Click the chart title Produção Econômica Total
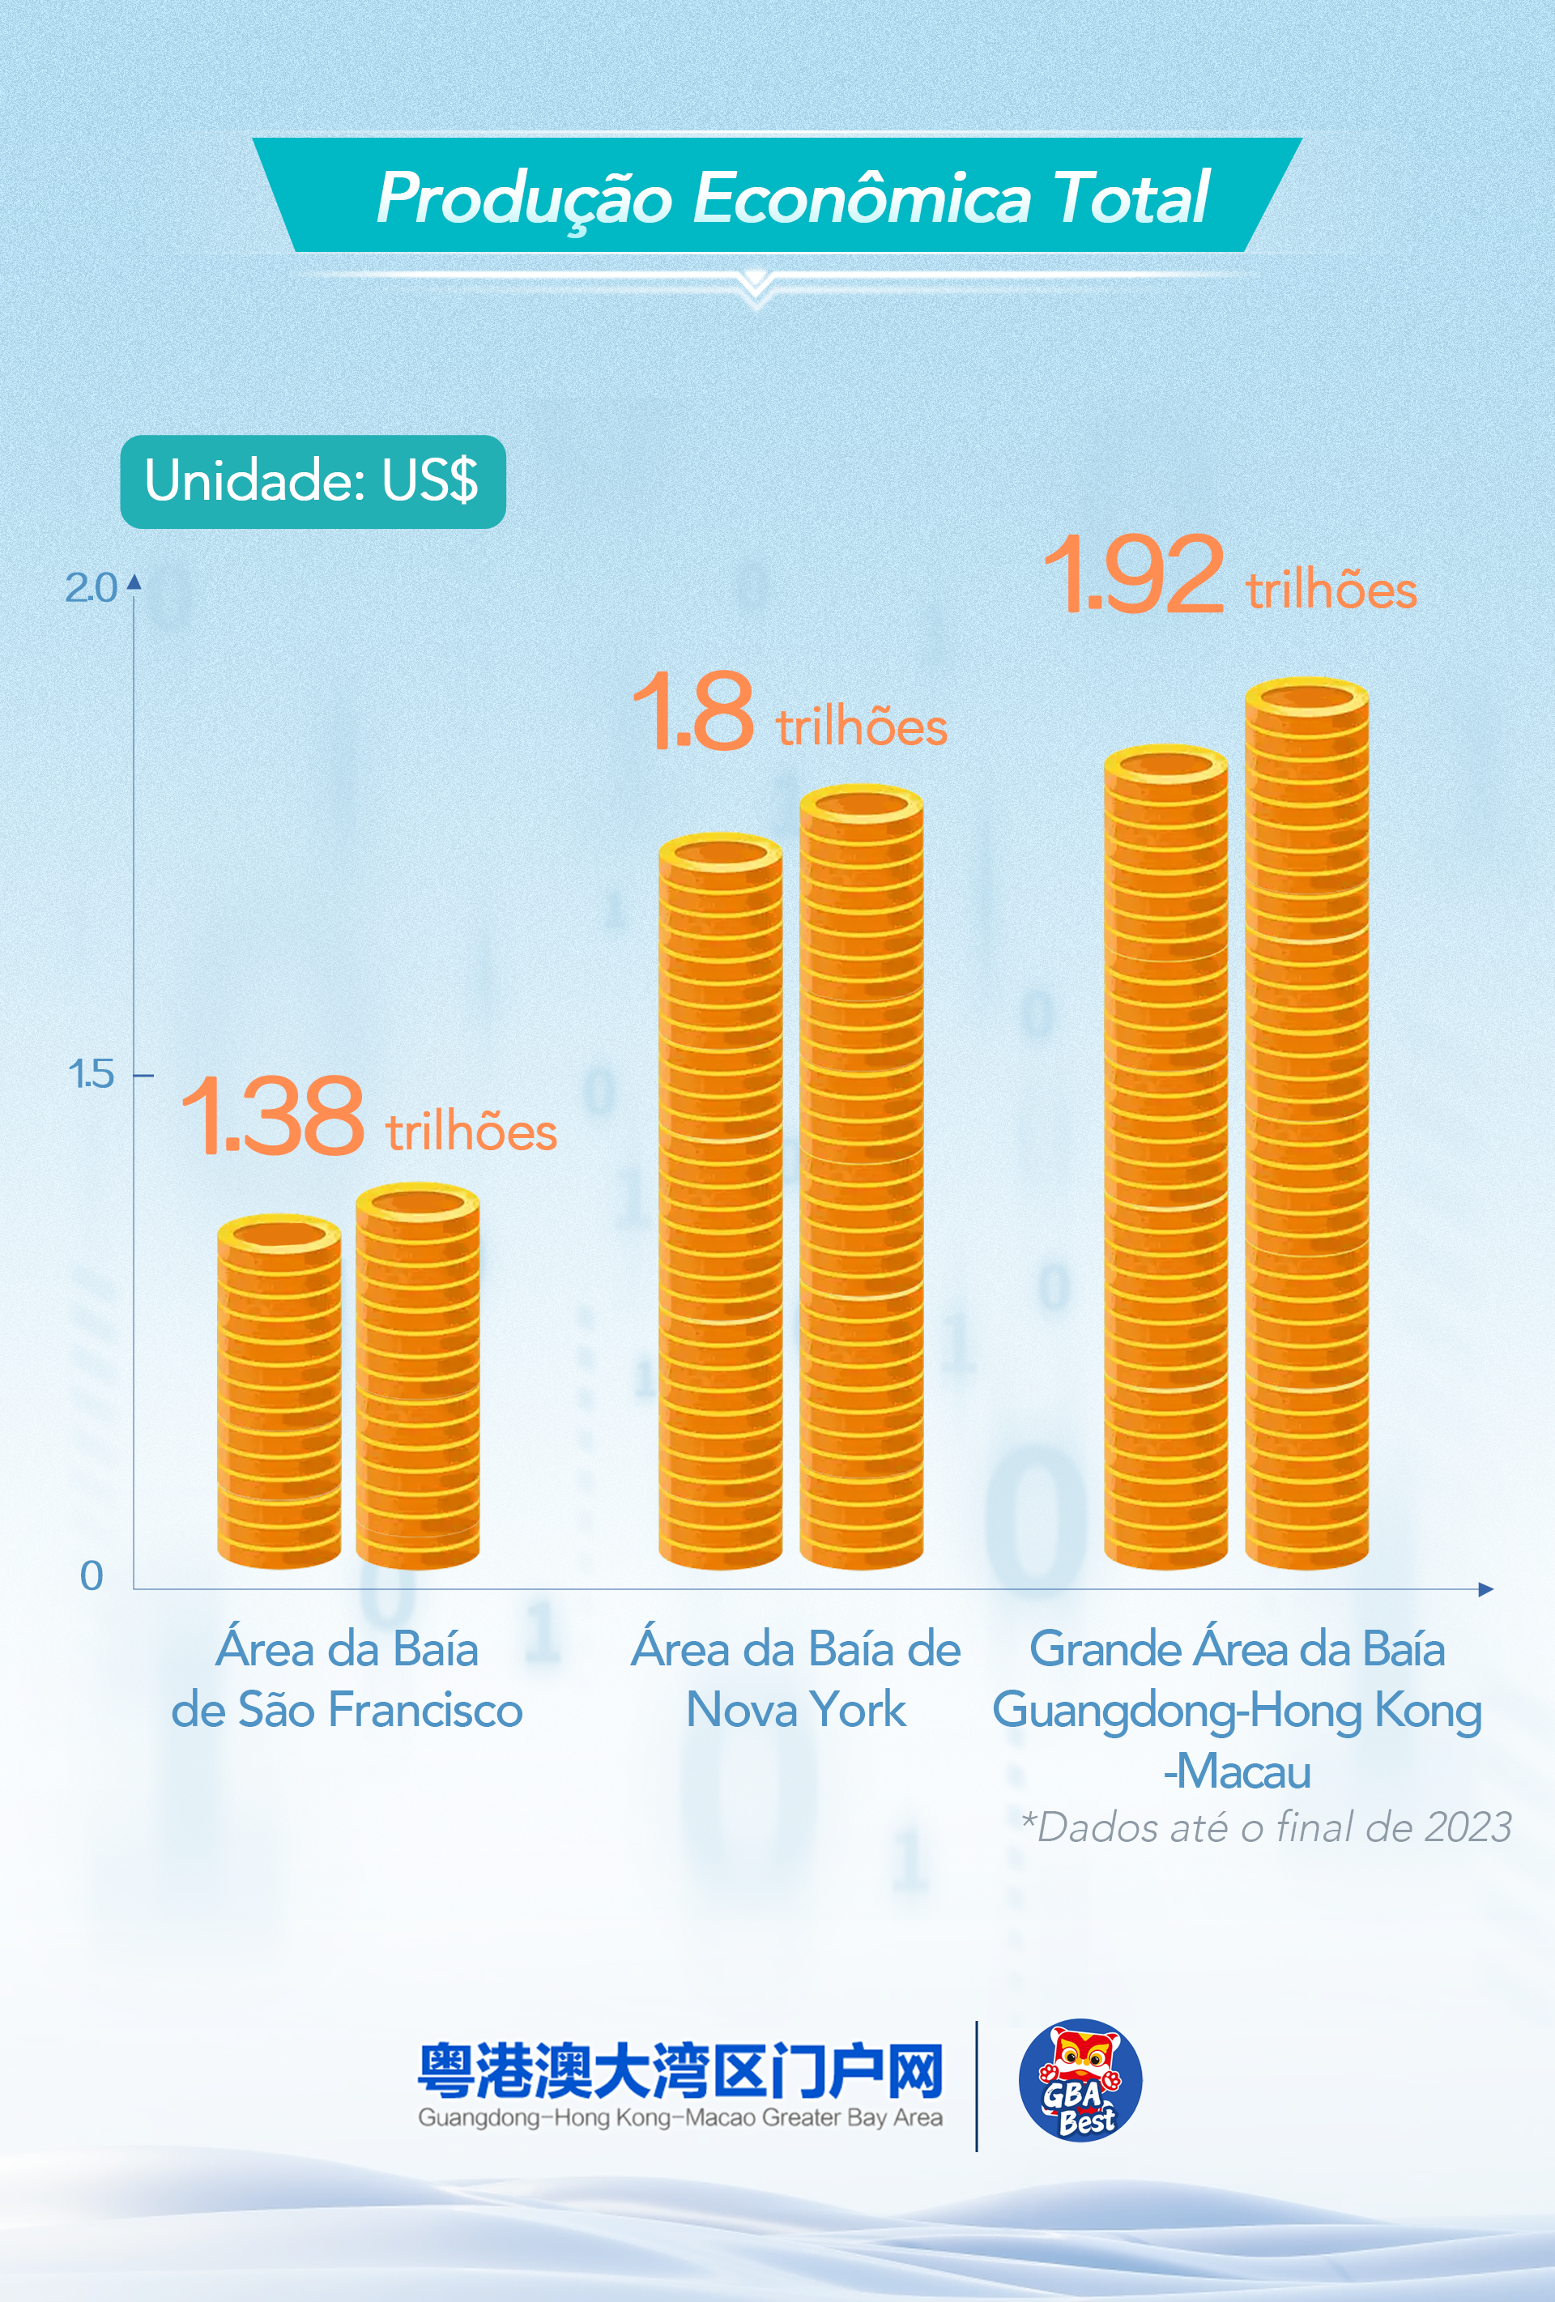[792, 196]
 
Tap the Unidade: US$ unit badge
[312, 481]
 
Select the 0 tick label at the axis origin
[92, 1575]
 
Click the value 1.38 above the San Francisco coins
[272, 1117]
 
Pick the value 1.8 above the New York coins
[693, 711]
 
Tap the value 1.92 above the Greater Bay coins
[1134, 574]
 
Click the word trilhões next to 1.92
[1331, 590]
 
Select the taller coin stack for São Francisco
[417, 1377]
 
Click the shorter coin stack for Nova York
[720, 1204]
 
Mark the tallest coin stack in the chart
[1306, 1124]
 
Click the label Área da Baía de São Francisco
[347, 1680]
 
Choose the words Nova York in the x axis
[796, 1710]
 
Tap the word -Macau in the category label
[1237, 1771]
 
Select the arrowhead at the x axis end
[1485, 1590]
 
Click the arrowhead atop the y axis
[134, 582]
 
